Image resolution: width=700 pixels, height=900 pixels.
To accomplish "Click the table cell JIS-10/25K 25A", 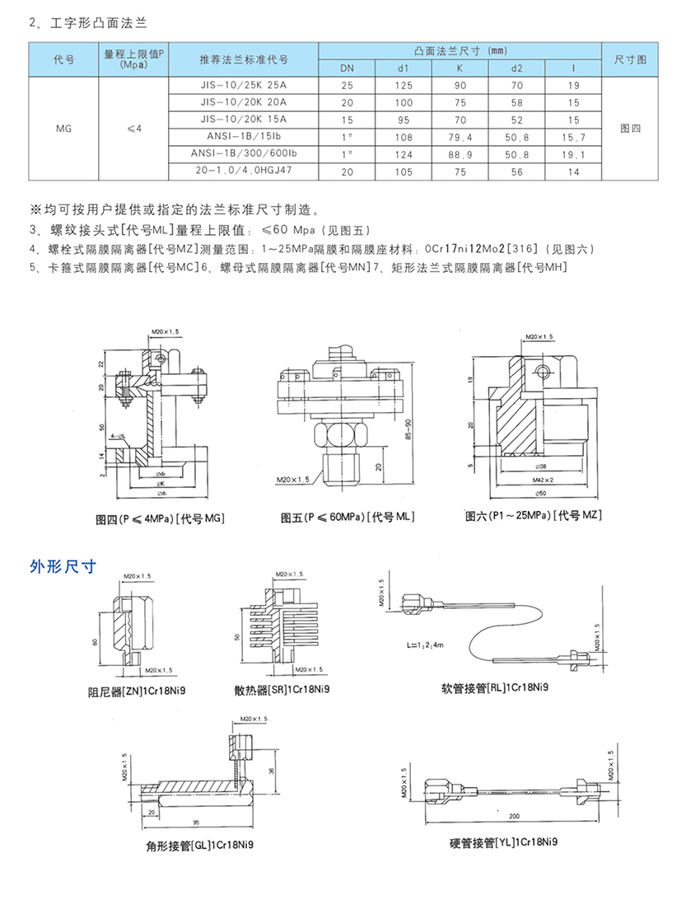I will coord(244,85).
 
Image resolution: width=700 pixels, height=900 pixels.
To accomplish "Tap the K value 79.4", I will coord(460,137).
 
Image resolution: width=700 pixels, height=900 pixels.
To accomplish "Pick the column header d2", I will coord(517,68).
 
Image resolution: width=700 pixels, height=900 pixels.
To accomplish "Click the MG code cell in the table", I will coord(63,129).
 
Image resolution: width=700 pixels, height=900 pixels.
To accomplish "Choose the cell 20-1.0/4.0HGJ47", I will coord(244,171).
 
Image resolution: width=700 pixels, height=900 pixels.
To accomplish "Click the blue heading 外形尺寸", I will coord(63,566).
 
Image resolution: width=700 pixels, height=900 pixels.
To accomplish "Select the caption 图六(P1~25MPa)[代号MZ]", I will coord(534,515).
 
